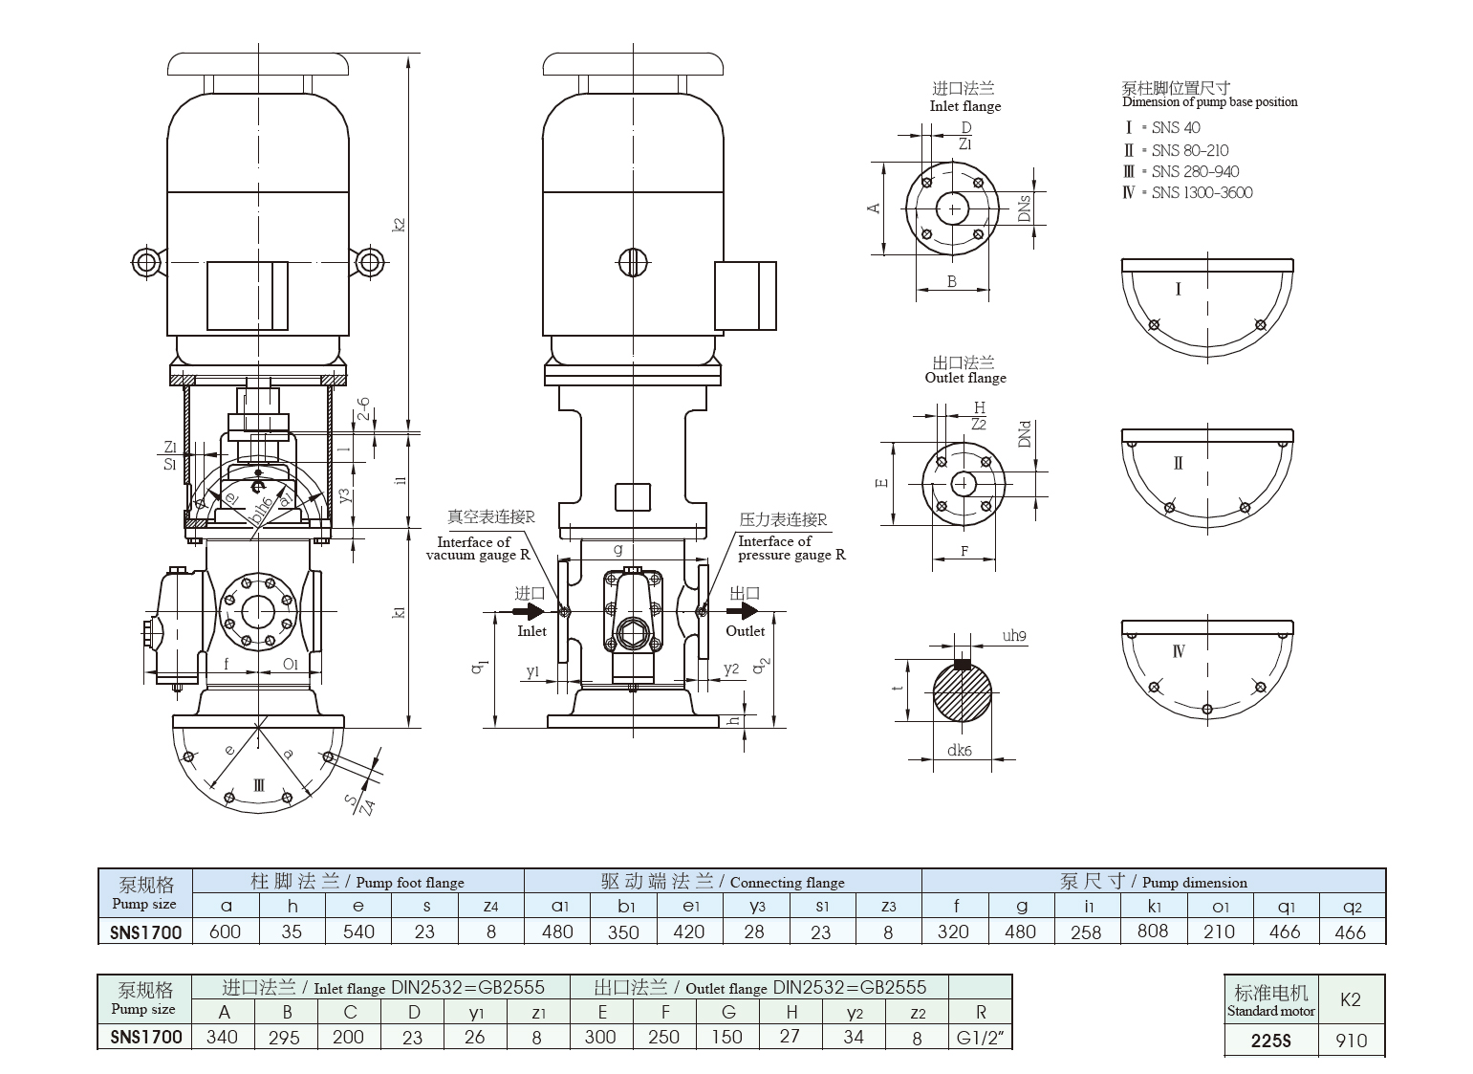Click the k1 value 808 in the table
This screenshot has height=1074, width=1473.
(x=1152, y=931)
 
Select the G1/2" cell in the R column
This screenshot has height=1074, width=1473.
(x=980, y=1037)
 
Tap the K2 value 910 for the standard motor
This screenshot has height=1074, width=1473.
(x=1350, y=1040)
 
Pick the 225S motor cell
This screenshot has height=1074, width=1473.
(x=1270, y=1040)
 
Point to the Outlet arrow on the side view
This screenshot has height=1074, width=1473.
(x=742, y=611)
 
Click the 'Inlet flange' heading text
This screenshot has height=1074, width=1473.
(x=964, y=106)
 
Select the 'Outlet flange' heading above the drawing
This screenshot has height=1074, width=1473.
(x=964, y=378)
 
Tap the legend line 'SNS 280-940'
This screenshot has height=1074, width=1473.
(x=1194, y=171)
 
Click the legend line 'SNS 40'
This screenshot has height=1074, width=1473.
(x=1175, y=127)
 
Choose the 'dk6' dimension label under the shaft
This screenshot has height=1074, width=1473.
(x=959, y=751)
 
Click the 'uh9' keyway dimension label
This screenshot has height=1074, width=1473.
(x=1014, y=636)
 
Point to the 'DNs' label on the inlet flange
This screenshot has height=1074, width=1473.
(x=1024, y=208)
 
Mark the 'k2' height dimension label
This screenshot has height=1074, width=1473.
(x=400, y=222)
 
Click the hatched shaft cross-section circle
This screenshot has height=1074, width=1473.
(x=962, y=693)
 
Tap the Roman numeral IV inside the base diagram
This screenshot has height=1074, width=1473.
(x=1178, y=651)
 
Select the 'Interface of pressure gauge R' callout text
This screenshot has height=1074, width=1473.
(x=791, y=548)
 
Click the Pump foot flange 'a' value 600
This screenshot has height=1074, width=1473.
(x=225, y=932)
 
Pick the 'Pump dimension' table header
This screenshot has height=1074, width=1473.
(x=1193, y=882)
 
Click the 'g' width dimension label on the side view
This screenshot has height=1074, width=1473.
(x=618, y=549)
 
